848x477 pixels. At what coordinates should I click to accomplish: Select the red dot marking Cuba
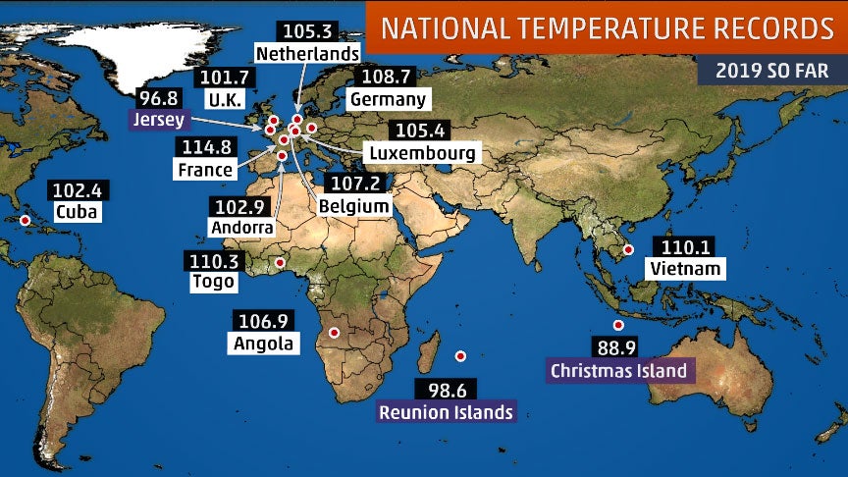25,220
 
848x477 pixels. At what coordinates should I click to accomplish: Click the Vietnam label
685,268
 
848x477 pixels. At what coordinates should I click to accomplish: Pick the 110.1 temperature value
685,246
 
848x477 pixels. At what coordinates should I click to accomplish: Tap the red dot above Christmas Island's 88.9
618,326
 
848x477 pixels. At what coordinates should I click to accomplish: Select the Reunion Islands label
447,411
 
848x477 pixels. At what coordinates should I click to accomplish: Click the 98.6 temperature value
447,390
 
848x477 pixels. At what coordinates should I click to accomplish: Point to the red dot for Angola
334,333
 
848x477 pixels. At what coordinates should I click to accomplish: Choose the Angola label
263,343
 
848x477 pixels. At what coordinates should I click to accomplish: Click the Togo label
213,282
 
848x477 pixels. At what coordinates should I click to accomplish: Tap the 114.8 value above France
206,147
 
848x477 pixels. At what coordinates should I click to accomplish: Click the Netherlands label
306,51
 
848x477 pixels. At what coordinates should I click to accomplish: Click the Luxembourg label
420,153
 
